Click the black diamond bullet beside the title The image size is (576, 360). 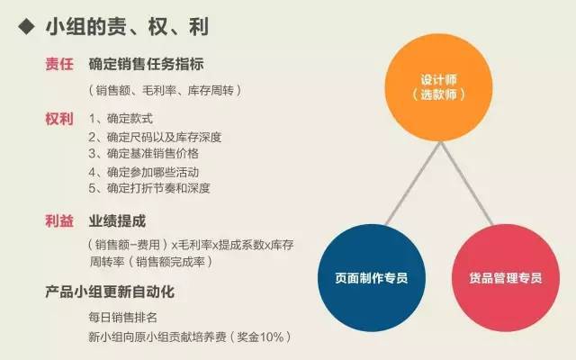[x=27, y=27]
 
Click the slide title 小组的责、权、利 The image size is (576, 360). [x=127, y=27]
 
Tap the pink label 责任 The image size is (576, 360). [x=59, y=64]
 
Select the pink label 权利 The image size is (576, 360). [x=59, y=119]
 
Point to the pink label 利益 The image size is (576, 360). [x=59, y=221]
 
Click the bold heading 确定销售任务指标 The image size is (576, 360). [x=146, y=64]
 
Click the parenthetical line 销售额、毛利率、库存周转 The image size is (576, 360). [x=165, y=90]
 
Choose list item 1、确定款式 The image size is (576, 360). [x=121, y=119]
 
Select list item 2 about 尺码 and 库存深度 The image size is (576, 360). [x=155, y=137]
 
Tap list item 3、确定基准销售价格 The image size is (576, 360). [x=144, y=153]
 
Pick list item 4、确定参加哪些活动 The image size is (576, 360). [x=144, y=172]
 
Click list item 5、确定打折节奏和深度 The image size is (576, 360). [x=149, y=188]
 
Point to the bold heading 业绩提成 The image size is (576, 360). [x=117, y=221]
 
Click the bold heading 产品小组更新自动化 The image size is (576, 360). [x=110, y=292]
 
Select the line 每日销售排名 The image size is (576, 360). [x=122, y=318]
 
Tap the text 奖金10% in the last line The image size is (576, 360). [x=260, y=337]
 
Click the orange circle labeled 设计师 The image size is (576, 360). [x=438, y=87]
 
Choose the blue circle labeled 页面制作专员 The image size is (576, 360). [x=372, y=278]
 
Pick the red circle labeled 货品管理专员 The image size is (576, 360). [x=506, y=278]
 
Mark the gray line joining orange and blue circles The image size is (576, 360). [x=413, y=184]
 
